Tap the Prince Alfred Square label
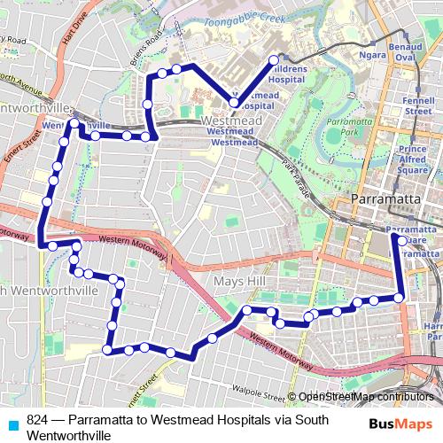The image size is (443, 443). point(412,159)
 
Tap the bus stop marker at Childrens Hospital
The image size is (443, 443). point(273,60)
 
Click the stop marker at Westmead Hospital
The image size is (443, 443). point(233,104)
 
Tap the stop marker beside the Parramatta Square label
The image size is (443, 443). point(400,239)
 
